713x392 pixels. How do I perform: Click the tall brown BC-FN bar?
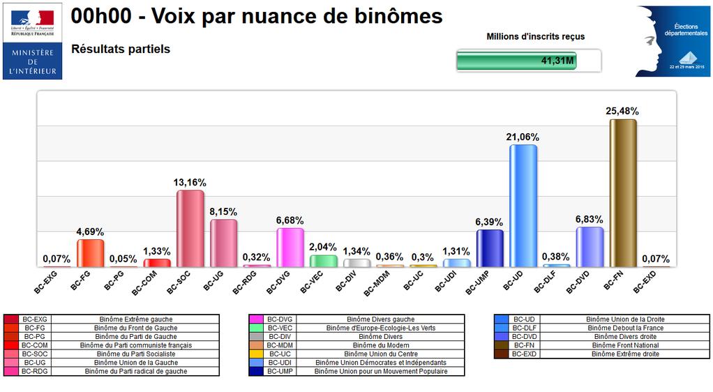(x=623, y=193)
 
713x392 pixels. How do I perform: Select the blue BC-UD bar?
(x=523, y=205)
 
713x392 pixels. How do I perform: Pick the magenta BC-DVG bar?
(x=290, y=247)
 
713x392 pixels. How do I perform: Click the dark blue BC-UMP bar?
(x=490, y=248)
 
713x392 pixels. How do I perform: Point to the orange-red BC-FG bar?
(x=90, y=252)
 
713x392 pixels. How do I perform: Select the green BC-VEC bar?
(x=323, y=260)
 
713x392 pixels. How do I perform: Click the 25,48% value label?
(x=623, y=111)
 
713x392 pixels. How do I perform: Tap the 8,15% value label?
(x=224, y=211)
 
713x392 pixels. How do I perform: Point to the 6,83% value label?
(x=590, y=219)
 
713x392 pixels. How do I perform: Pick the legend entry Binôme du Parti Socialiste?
(x=135, y=354)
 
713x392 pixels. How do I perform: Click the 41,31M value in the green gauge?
(x=557, y=61)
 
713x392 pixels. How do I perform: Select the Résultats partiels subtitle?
(x=121, y=50)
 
